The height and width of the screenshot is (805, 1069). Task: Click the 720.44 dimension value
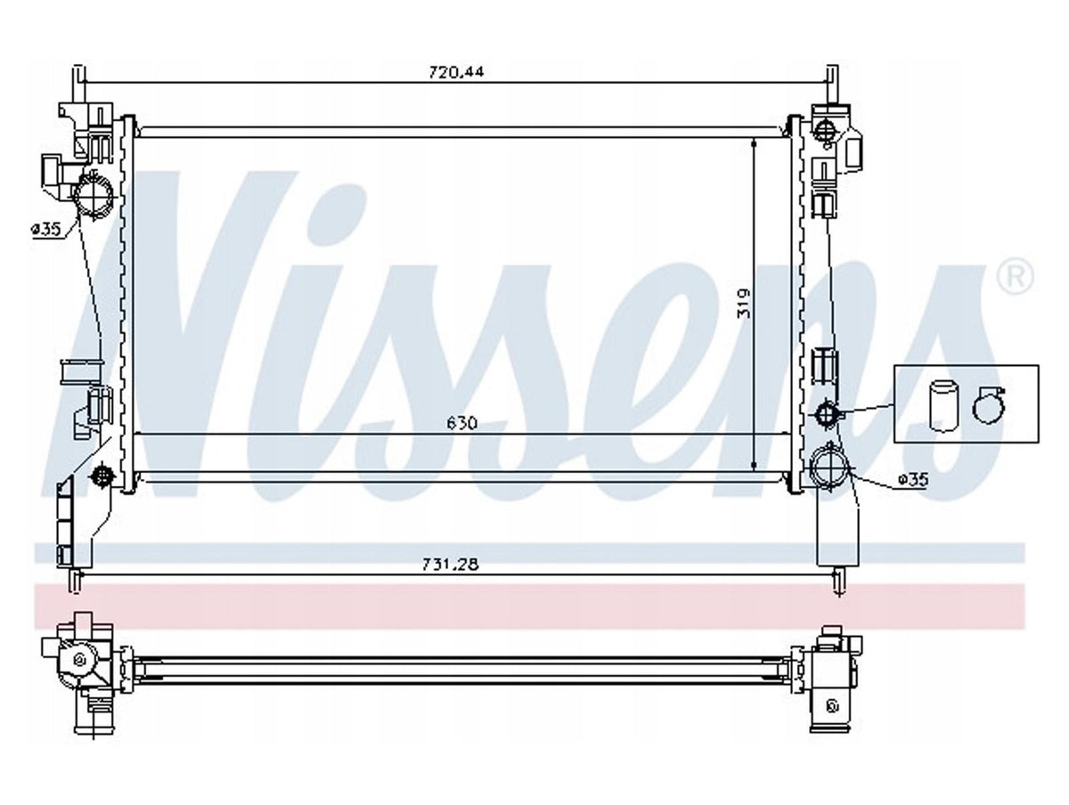(456, 72)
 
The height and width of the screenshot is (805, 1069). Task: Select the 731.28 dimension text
(451, 564)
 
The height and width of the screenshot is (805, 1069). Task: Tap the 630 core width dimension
(461, 423)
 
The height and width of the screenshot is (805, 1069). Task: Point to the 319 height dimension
(744, 304)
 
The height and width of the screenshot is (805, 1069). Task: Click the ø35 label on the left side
(46, 229)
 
